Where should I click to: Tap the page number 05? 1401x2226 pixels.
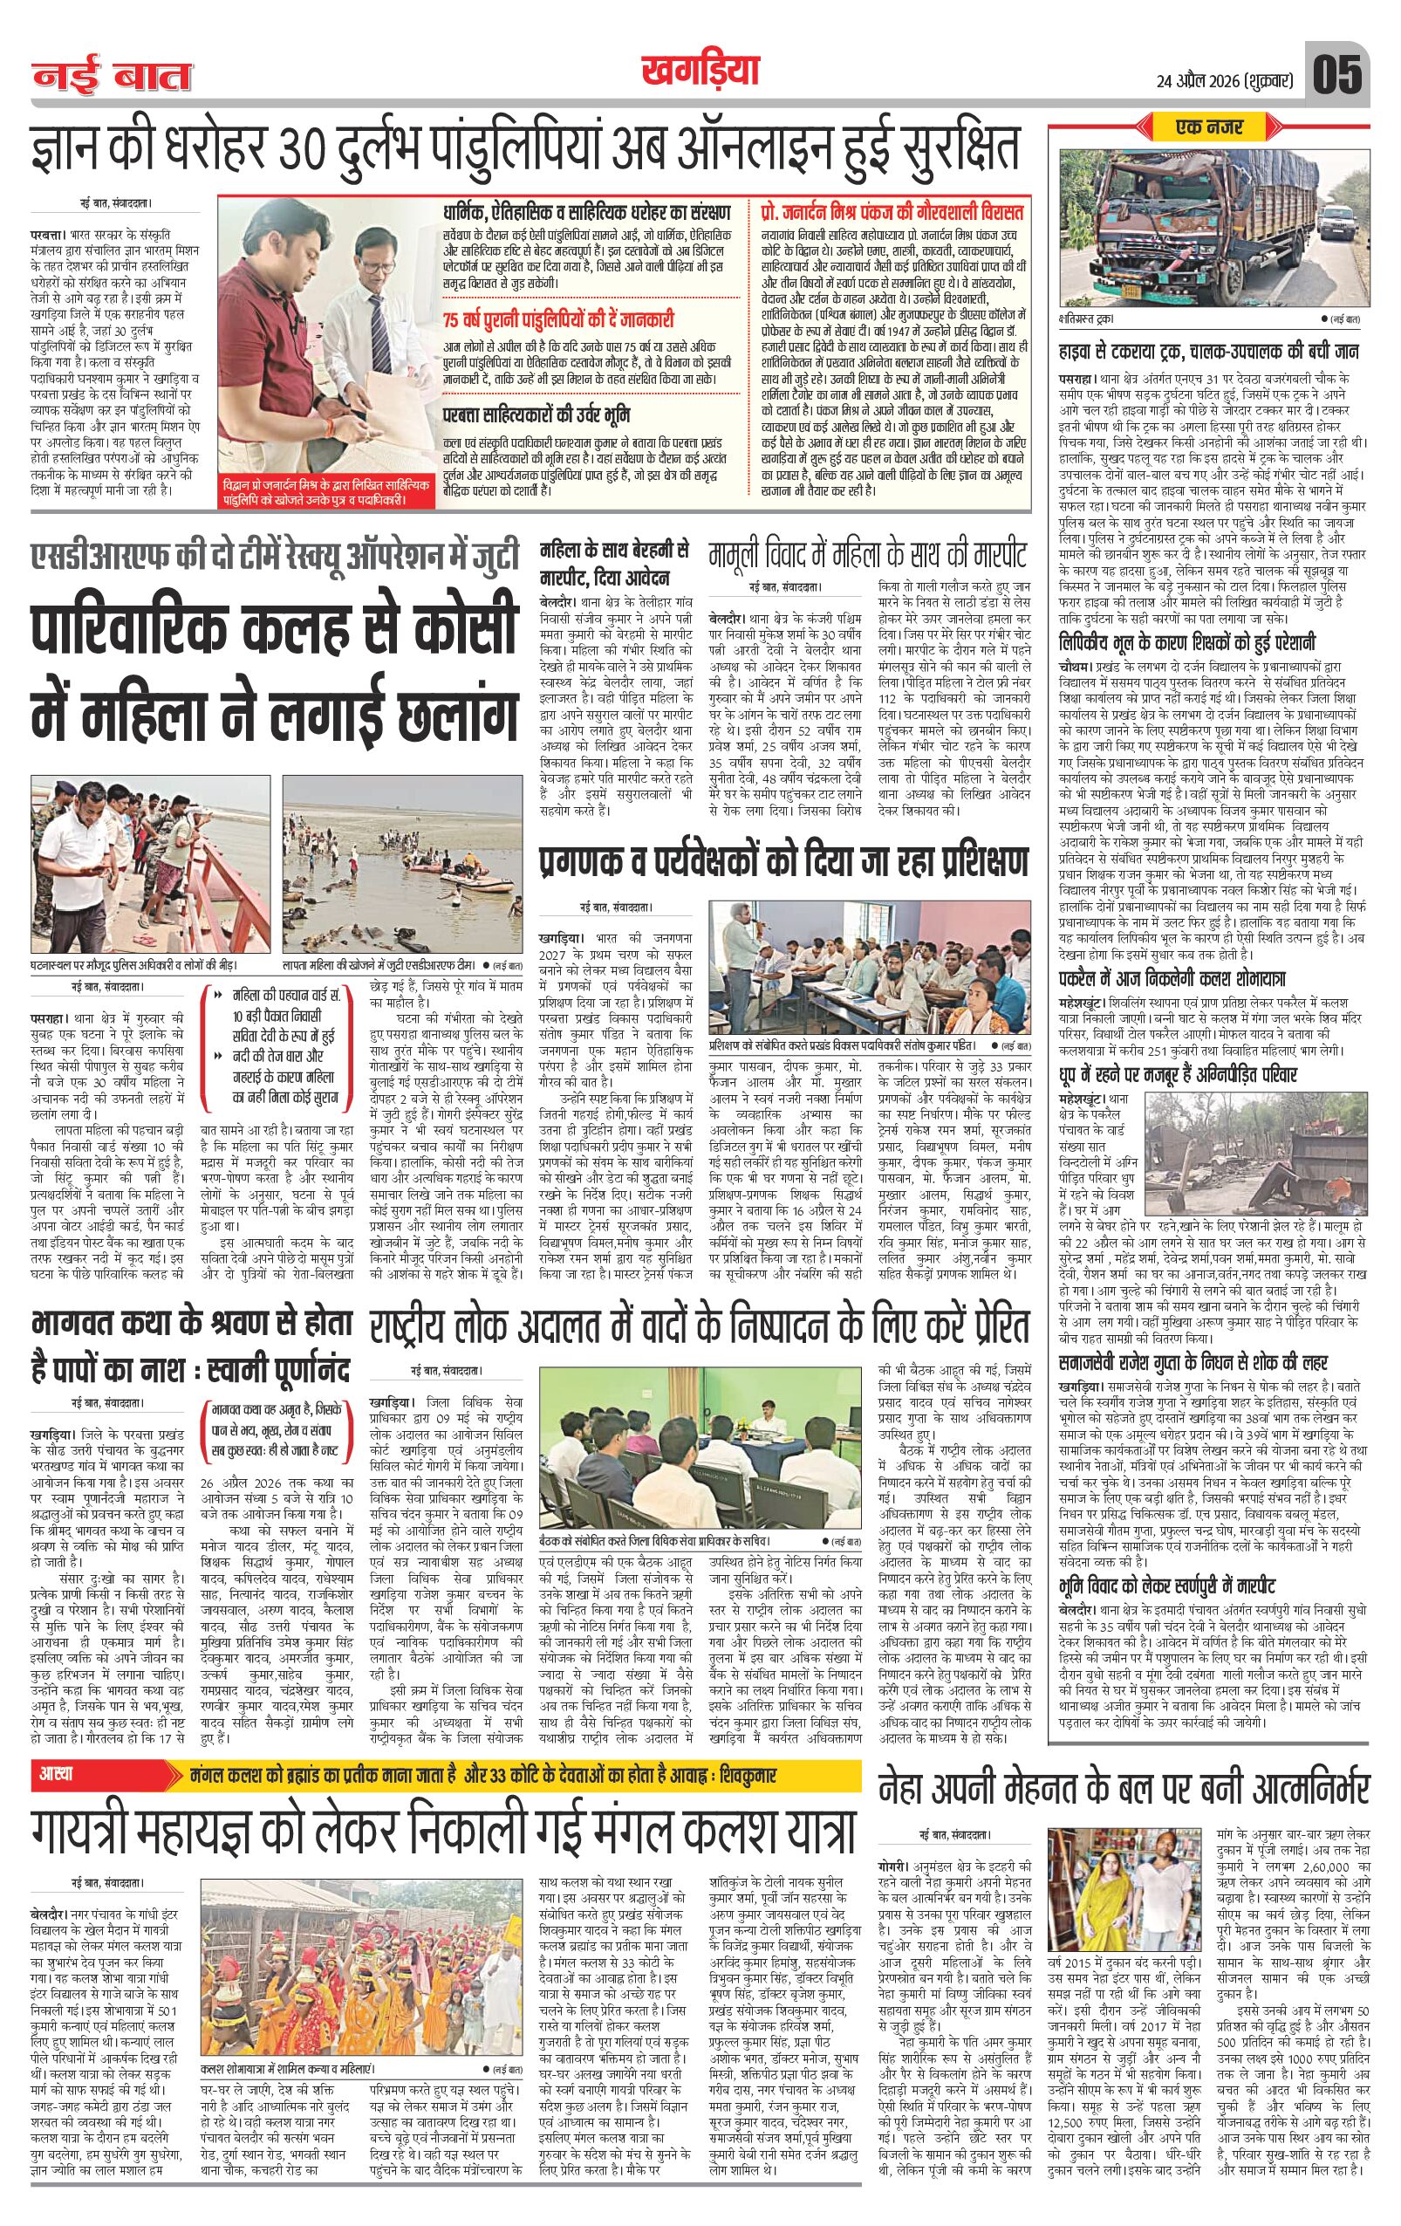(x=1336, y=75)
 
